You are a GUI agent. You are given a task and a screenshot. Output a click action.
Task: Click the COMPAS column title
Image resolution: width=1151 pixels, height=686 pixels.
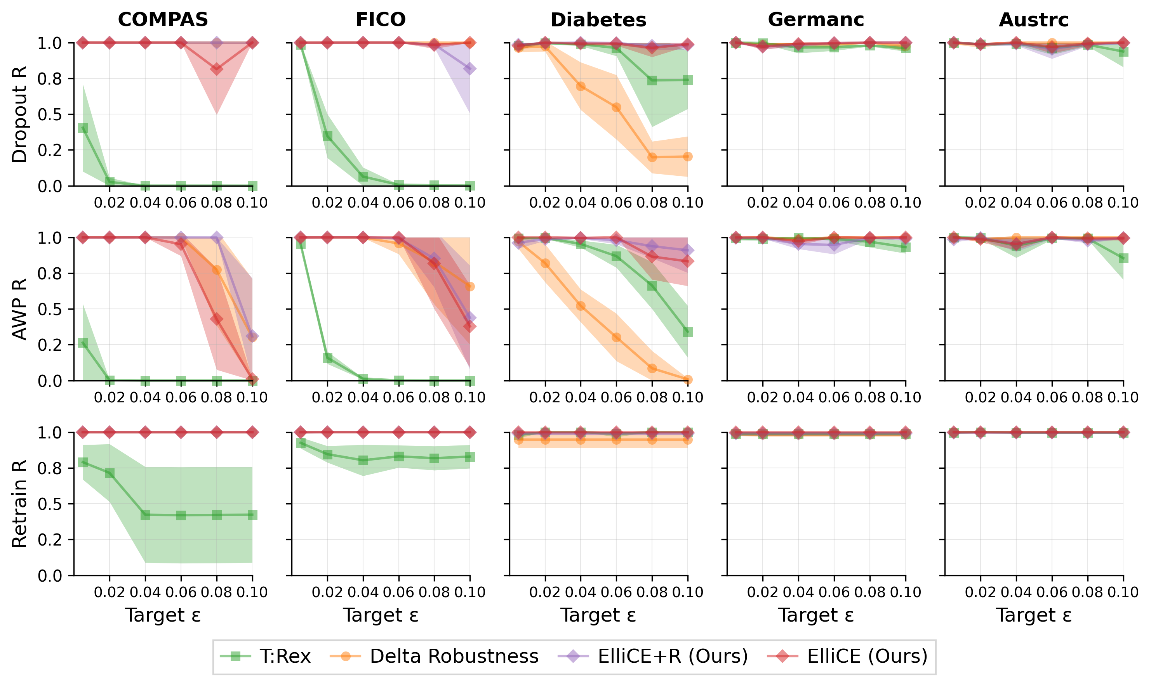tap(163, 19)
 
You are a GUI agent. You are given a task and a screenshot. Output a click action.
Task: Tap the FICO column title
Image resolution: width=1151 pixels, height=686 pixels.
tap(380, 19)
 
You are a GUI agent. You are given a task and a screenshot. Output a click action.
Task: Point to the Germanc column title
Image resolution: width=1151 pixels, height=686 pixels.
tap(815, 19)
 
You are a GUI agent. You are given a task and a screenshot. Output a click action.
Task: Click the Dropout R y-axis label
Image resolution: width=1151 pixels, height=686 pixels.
tap(19, 114)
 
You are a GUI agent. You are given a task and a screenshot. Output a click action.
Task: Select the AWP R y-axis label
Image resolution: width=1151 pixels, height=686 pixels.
tap(19, 309)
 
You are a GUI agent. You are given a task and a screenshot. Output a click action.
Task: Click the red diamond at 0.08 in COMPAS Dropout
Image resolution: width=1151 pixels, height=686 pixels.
tap(217, 69)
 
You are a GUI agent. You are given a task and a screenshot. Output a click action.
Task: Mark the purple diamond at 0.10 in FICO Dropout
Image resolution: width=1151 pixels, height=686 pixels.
tap(470, 69)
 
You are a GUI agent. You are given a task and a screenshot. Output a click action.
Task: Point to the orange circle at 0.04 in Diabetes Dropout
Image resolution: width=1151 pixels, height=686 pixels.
tap(581, 87)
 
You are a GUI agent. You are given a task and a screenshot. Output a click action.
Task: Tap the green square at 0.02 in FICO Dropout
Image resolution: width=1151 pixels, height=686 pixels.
tap(327, 135)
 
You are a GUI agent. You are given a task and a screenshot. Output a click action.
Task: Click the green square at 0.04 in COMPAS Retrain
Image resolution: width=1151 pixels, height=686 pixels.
tap(145, 514)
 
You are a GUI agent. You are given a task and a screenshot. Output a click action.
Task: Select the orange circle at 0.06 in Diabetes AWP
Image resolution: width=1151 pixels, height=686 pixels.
tap(616, 338)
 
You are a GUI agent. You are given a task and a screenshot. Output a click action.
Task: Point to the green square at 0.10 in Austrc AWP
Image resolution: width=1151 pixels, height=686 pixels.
tap(1123, 258)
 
